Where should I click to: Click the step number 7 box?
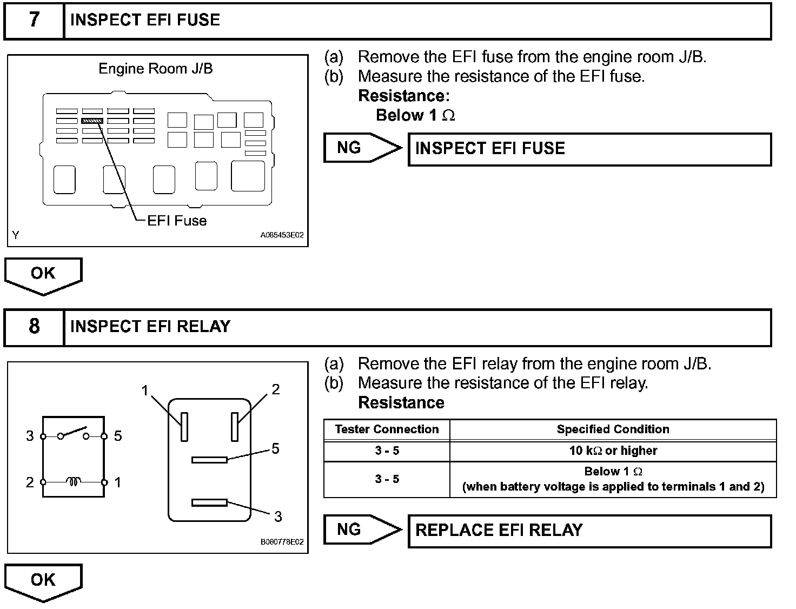coord(34,21)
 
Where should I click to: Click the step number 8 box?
coord(34,327)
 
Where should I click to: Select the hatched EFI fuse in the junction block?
coord(92,121)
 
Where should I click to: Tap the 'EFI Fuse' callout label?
coord(177,221)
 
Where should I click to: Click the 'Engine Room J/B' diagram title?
coord(156,69)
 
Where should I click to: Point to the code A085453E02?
coord(282,236)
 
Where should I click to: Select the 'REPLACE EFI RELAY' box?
coord(589,531)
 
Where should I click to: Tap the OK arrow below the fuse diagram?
coord(43,275)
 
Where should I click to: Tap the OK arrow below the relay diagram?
coord(43,581)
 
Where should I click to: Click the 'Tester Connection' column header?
coord(387,429)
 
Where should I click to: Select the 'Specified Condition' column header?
coord(613,429)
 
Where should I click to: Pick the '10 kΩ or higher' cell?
coord(613,451)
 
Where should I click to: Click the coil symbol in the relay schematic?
coord(74,481)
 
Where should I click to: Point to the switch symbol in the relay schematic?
coord(74,433)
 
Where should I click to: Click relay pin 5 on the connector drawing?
coord(209,460)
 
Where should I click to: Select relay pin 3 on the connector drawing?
coord(209,503)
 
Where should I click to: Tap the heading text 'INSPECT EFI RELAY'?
coord(150,327)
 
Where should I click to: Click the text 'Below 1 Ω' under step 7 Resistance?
coord(415,115)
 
